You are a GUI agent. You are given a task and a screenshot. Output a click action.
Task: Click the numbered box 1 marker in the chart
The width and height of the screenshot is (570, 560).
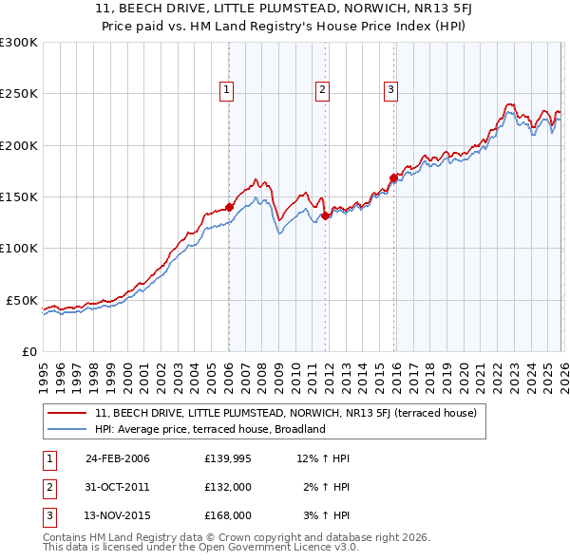click(228, 90)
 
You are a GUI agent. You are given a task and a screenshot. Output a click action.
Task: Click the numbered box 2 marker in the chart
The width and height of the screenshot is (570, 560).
click(322, 90)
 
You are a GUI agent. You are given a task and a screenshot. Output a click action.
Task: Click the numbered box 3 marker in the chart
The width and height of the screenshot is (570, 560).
click(390, 90)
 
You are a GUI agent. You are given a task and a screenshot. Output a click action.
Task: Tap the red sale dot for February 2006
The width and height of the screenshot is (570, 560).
click(229, 207)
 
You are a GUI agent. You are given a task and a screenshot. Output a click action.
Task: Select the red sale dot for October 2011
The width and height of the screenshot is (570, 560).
click(325, 215)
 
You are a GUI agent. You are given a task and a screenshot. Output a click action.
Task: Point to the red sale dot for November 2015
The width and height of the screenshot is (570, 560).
click(393, 177)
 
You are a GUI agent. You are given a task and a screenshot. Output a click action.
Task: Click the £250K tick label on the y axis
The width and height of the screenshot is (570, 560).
click(19, 94)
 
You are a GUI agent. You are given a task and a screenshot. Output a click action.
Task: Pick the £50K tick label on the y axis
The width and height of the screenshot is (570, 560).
click(22, 300)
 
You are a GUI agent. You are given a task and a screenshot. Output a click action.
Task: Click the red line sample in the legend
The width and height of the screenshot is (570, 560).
click(67, 413)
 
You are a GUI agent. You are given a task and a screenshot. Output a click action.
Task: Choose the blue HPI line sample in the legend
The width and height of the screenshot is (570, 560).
click(67, 429)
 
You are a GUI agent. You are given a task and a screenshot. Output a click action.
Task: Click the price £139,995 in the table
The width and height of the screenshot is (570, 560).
click(228, 458)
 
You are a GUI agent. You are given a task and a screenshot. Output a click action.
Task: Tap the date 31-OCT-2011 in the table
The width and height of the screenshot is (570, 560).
click(117, 487)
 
